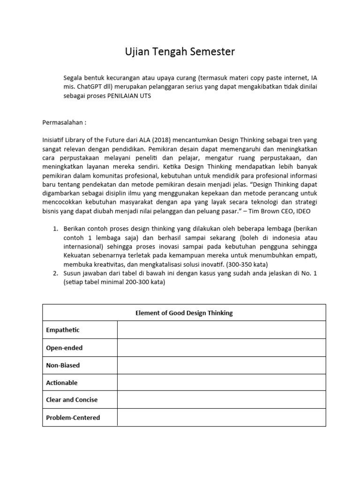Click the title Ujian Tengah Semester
click(180, 52)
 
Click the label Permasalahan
click(64, 122)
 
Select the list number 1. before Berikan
click(54, 228)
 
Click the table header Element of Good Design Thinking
click(184, 313)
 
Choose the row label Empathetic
click(63, 330)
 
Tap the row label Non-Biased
click(63, 365)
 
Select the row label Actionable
click(62, 382)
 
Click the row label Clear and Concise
click(72, 400)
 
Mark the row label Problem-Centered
click(73, 417)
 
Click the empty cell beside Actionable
click(221, 382)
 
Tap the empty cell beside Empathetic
click(221, 330)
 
